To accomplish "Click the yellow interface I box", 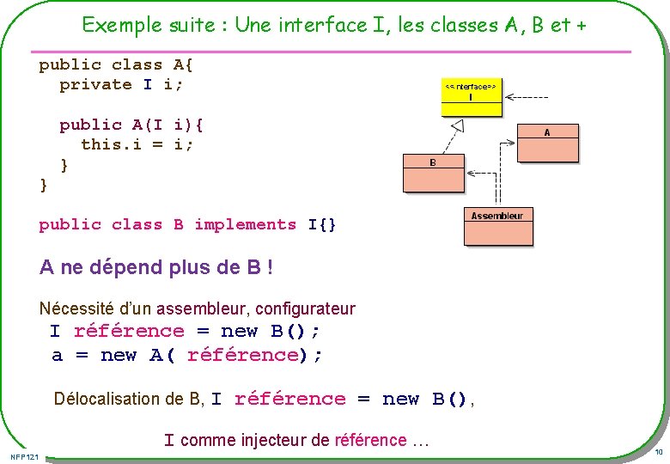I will click(470, 98).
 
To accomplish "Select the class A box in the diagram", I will click(548, 143).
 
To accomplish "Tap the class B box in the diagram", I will click(433, 173).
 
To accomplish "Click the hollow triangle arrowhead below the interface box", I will click(458, 126).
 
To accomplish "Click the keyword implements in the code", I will click(245, 224).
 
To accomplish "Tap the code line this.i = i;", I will click(137, 144).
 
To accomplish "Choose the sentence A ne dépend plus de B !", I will click(156, 267).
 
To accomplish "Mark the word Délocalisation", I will click(106, 399).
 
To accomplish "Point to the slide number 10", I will click(658, 452).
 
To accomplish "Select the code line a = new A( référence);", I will click(187, 355).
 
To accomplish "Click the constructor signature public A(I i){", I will click(131, 125).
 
